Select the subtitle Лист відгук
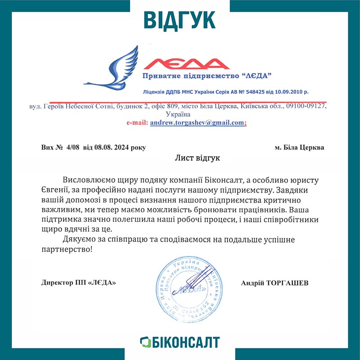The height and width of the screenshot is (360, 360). [198, 158]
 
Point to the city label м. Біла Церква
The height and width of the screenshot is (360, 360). [299, 148]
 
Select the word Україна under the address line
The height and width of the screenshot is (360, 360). [180, 114]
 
